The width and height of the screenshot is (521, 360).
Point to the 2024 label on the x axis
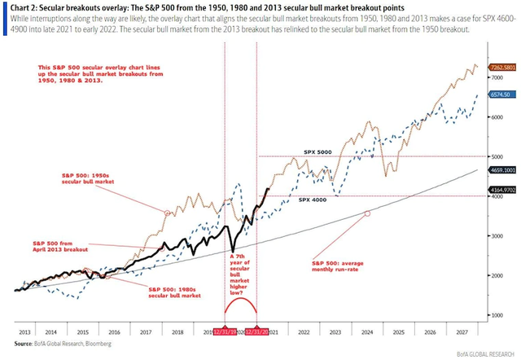click(x=366, y=333)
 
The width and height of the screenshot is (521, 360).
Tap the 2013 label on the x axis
click(x=25, y=333)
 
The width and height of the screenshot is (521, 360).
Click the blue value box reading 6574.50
click(x=499, y=94)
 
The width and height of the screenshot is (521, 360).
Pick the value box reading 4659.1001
click(x=501, y=169)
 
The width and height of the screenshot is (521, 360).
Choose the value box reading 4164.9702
click(x=501, y=190)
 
